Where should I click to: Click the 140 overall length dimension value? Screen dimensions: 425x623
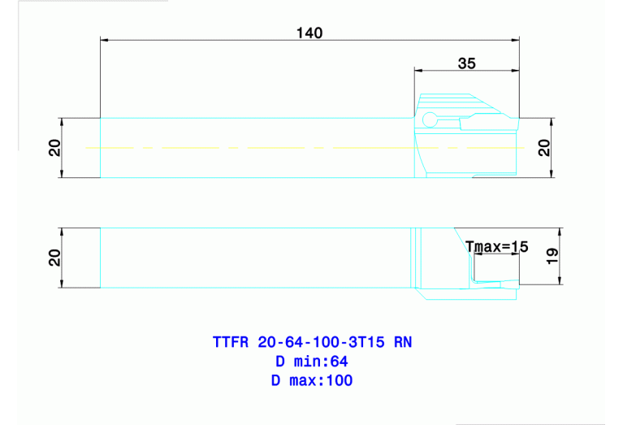click(309, 33)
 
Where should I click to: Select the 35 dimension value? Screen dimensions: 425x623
click(466, 63)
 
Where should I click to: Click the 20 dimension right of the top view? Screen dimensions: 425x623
click(544, 147)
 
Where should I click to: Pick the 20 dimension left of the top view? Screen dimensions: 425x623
click(54, 147)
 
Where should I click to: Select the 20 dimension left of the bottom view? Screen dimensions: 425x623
click(54, 258)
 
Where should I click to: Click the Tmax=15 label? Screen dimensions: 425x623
click(496, 246)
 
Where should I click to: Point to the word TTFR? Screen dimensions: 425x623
click(231, 342)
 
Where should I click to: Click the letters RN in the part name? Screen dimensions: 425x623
click(403, 342)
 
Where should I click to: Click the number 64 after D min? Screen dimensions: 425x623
click(339, 361)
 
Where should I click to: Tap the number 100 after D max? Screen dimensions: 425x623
click(339, 380)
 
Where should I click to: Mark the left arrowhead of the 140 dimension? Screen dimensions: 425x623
click(104, 39)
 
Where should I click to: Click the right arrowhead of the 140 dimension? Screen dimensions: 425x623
click(515, 39)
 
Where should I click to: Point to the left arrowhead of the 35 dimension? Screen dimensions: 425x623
click(418, 70)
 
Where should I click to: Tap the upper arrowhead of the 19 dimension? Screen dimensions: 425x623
click(560, 232)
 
